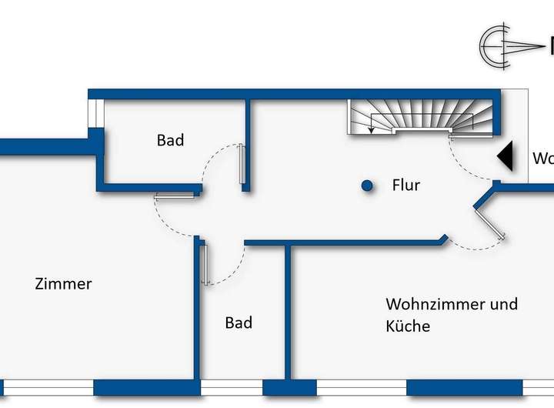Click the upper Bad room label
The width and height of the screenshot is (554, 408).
coord(170,140)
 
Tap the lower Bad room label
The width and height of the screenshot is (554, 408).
coord(239,323)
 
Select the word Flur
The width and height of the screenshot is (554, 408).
coord(406,186)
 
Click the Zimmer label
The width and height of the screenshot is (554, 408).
coord(63,284)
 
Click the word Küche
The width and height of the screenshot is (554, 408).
coord(408,326)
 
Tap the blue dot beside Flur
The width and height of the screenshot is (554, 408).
coord(368,186)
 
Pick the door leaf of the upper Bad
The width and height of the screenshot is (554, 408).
coord(243,165)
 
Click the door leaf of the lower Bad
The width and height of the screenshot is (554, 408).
coord(206,264)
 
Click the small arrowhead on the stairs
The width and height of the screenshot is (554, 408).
coord(372,131)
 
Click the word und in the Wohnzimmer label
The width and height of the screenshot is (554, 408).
coord(504,304)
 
